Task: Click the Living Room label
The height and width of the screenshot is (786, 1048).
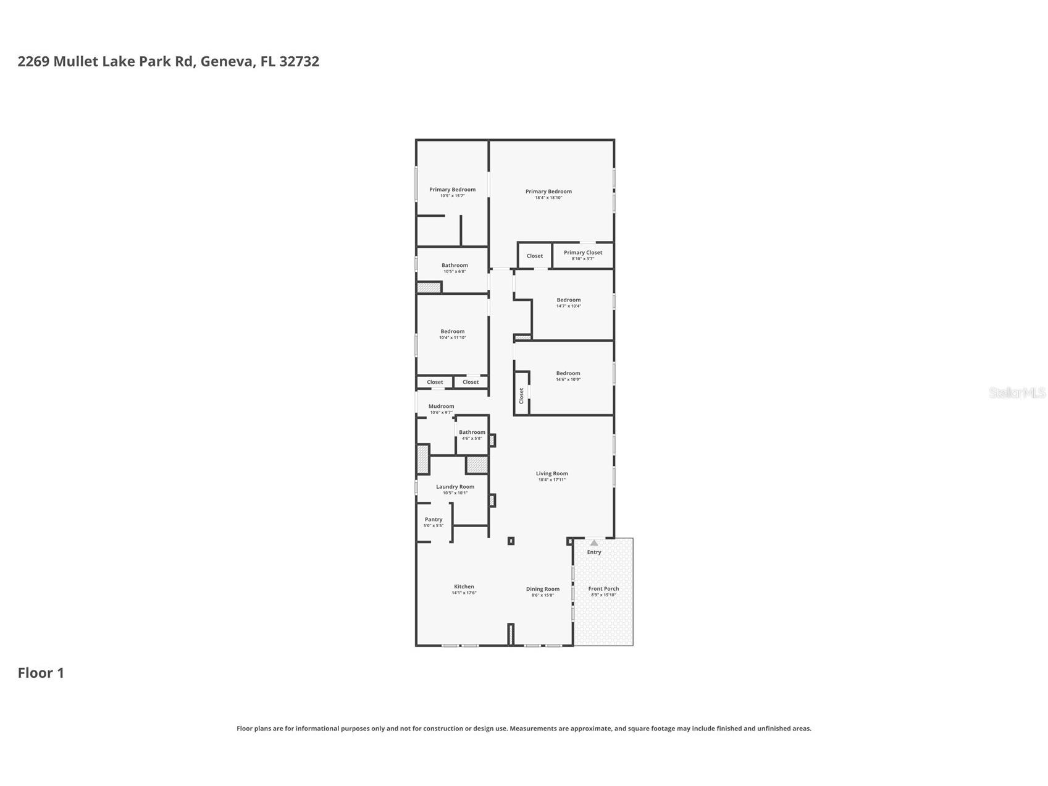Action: (551, 474)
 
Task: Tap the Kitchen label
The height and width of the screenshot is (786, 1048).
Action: (464, 587)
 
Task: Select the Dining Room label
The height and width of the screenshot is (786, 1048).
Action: (543, 589)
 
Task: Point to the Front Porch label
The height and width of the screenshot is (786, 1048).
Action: (603, 589)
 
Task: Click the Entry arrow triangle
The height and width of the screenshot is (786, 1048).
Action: (594, 543)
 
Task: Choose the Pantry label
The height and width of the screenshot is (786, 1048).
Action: (434, 520)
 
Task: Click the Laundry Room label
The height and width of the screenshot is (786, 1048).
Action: (455, 487)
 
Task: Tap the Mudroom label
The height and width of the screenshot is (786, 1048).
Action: (441, 407)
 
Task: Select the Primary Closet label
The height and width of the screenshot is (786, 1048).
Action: (583, 253)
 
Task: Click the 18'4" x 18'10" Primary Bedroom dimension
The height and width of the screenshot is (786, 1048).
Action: (548, 198)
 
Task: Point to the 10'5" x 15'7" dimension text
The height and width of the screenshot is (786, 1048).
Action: (452, 196)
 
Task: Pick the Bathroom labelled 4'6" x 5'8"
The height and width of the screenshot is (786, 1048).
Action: (472, 433)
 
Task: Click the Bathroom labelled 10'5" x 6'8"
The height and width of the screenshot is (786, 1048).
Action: (455, 266)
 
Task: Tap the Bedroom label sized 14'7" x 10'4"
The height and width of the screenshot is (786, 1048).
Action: (569, 300)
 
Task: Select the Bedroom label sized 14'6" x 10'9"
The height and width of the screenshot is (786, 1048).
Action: (568, 374)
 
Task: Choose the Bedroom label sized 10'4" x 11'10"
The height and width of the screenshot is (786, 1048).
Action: (453, 332)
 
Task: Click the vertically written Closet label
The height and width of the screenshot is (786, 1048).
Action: (522, 395)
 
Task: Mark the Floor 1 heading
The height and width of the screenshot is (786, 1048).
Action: (41, 673)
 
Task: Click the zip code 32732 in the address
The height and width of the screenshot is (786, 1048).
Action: (299, 61)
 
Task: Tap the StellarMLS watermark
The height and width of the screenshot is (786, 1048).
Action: (1017, 392)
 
